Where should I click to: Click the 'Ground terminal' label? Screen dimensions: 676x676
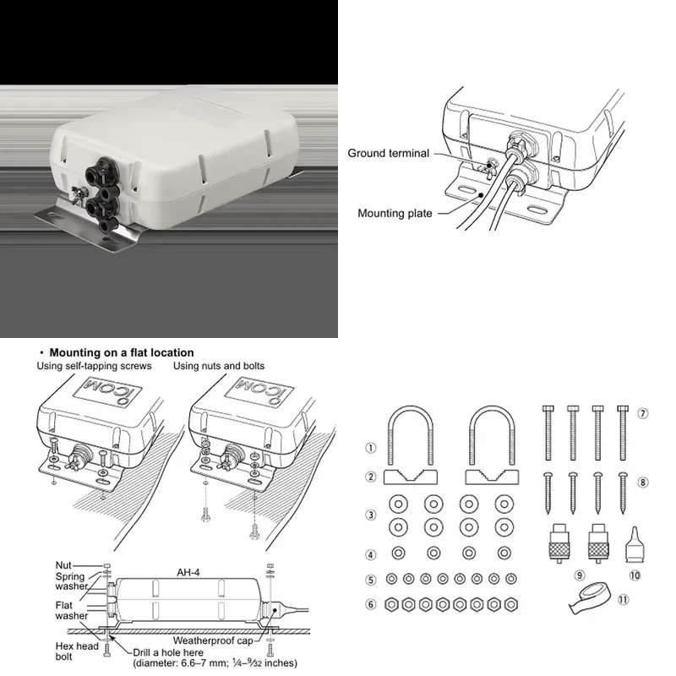[388, 154]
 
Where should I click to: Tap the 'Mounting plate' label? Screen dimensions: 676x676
[395, 214]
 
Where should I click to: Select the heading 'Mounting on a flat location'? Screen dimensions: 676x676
[122, 352]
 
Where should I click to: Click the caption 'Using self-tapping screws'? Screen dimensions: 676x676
[94, 366]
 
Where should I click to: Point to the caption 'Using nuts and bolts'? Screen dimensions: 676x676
[219, 366]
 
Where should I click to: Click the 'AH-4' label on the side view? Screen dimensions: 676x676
[188, 573]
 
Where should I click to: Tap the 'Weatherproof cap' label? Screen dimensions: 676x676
[213, 641]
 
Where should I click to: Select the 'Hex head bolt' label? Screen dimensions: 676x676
[77, 651]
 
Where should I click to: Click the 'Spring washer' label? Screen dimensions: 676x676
[71, 581]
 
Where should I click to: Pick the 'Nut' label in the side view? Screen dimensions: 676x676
[63, 565]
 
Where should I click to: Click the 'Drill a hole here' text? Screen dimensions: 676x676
[168, 652]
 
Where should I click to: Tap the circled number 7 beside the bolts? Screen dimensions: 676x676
[642, 414]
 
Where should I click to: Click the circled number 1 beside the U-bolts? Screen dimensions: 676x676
[371, 448]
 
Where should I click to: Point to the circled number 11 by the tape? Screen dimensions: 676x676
[624, 600]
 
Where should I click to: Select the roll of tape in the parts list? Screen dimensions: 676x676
[589, 598]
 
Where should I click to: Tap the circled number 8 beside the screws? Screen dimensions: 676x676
[642, 482]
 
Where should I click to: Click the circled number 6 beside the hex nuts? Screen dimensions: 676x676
[371, 604]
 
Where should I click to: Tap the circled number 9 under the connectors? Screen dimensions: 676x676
[580, 575]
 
